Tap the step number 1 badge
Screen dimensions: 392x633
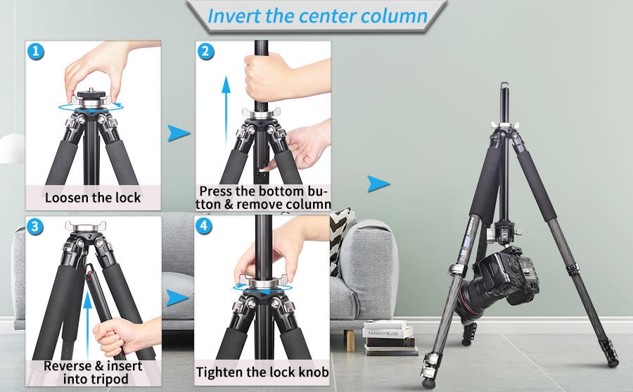[36, 51]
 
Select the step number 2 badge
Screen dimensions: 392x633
[205, 51]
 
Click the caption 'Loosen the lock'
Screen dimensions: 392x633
[93, 198]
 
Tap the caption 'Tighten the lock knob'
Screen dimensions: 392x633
[262, 372]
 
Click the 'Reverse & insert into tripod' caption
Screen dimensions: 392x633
[93, 372]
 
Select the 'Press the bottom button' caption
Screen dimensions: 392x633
[264, 198]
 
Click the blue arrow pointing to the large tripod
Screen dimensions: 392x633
[378, 184]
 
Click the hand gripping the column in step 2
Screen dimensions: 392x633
[266, 75]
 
